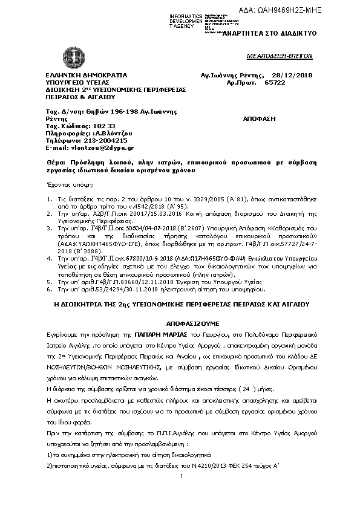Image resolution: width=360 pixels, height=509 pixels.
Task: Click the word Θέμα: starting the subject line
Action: coord(56,164)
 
